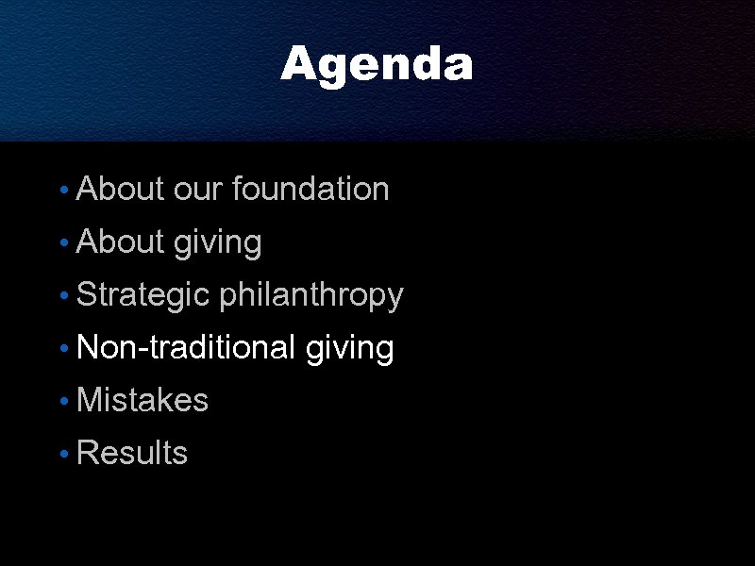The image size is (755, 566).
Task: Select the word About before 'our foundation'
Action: [120, 190]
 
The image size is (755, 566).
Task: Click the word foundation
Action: [310, 190]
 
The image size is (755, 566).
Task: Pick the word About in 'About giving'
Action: [120, 242]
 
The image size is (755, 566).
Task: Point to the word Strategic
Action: [142, 295]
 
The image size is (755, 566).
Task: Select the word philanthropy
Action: [311, 295]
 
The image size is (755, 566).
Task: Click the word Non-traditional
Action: [186, 348]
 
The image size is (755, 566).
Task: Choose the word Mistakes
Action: [142, 401]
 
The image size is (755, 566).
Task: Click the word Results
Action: [132, 454]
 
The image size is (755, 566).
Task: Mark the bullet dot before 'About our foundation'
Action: [62, 191]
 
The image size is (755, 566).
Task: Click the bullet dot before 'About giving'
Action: [62, 244]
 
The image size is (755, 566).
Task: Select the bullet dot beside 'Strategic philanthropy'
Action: [62, 297]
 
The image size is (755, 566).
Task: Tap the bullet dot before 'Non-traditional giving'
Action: [62, 350]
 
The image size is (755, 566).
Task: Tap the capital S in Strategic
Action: [85, 295]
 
